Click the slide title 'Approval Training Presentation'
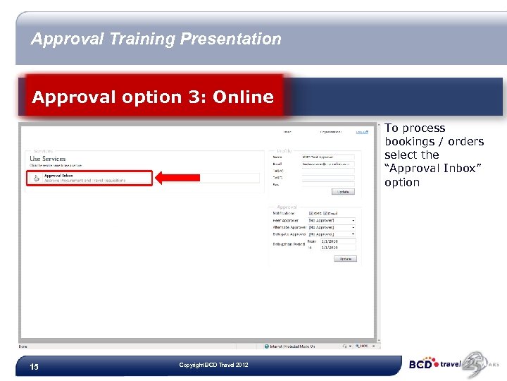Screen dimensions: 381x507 pyautogui.click(x=156, y=40)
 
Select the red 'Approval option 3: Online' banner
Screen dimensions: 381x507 pyautogui.click(x=154, y=97)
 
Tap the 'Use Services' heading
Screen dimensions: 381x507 pyautogui.click(x=48, y=159)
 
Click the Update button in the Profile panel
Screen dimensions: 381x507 pyautogui.click(x=343, y=191)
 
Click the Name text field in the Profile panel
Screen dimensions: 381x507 pyautogui.click(x=327, y=157)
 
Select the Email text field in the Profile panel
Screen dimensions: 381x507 pyautogui.click(x=327, y=164)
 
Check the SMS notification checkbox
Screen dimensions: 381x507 pyautogui.click(x=312, y=214)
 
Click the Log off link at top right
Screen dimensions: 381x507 pyautogui.click(x=361, y=131)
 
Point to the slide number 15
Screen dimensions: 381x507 pyautogui.click(x=34, y=367)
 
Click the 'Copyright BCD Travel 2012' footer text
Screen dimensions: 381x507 pyautogui.click(x=213, y=365)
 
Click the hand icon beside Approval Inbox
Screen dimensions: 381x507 pyautogui.click(x=36, y=178)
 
